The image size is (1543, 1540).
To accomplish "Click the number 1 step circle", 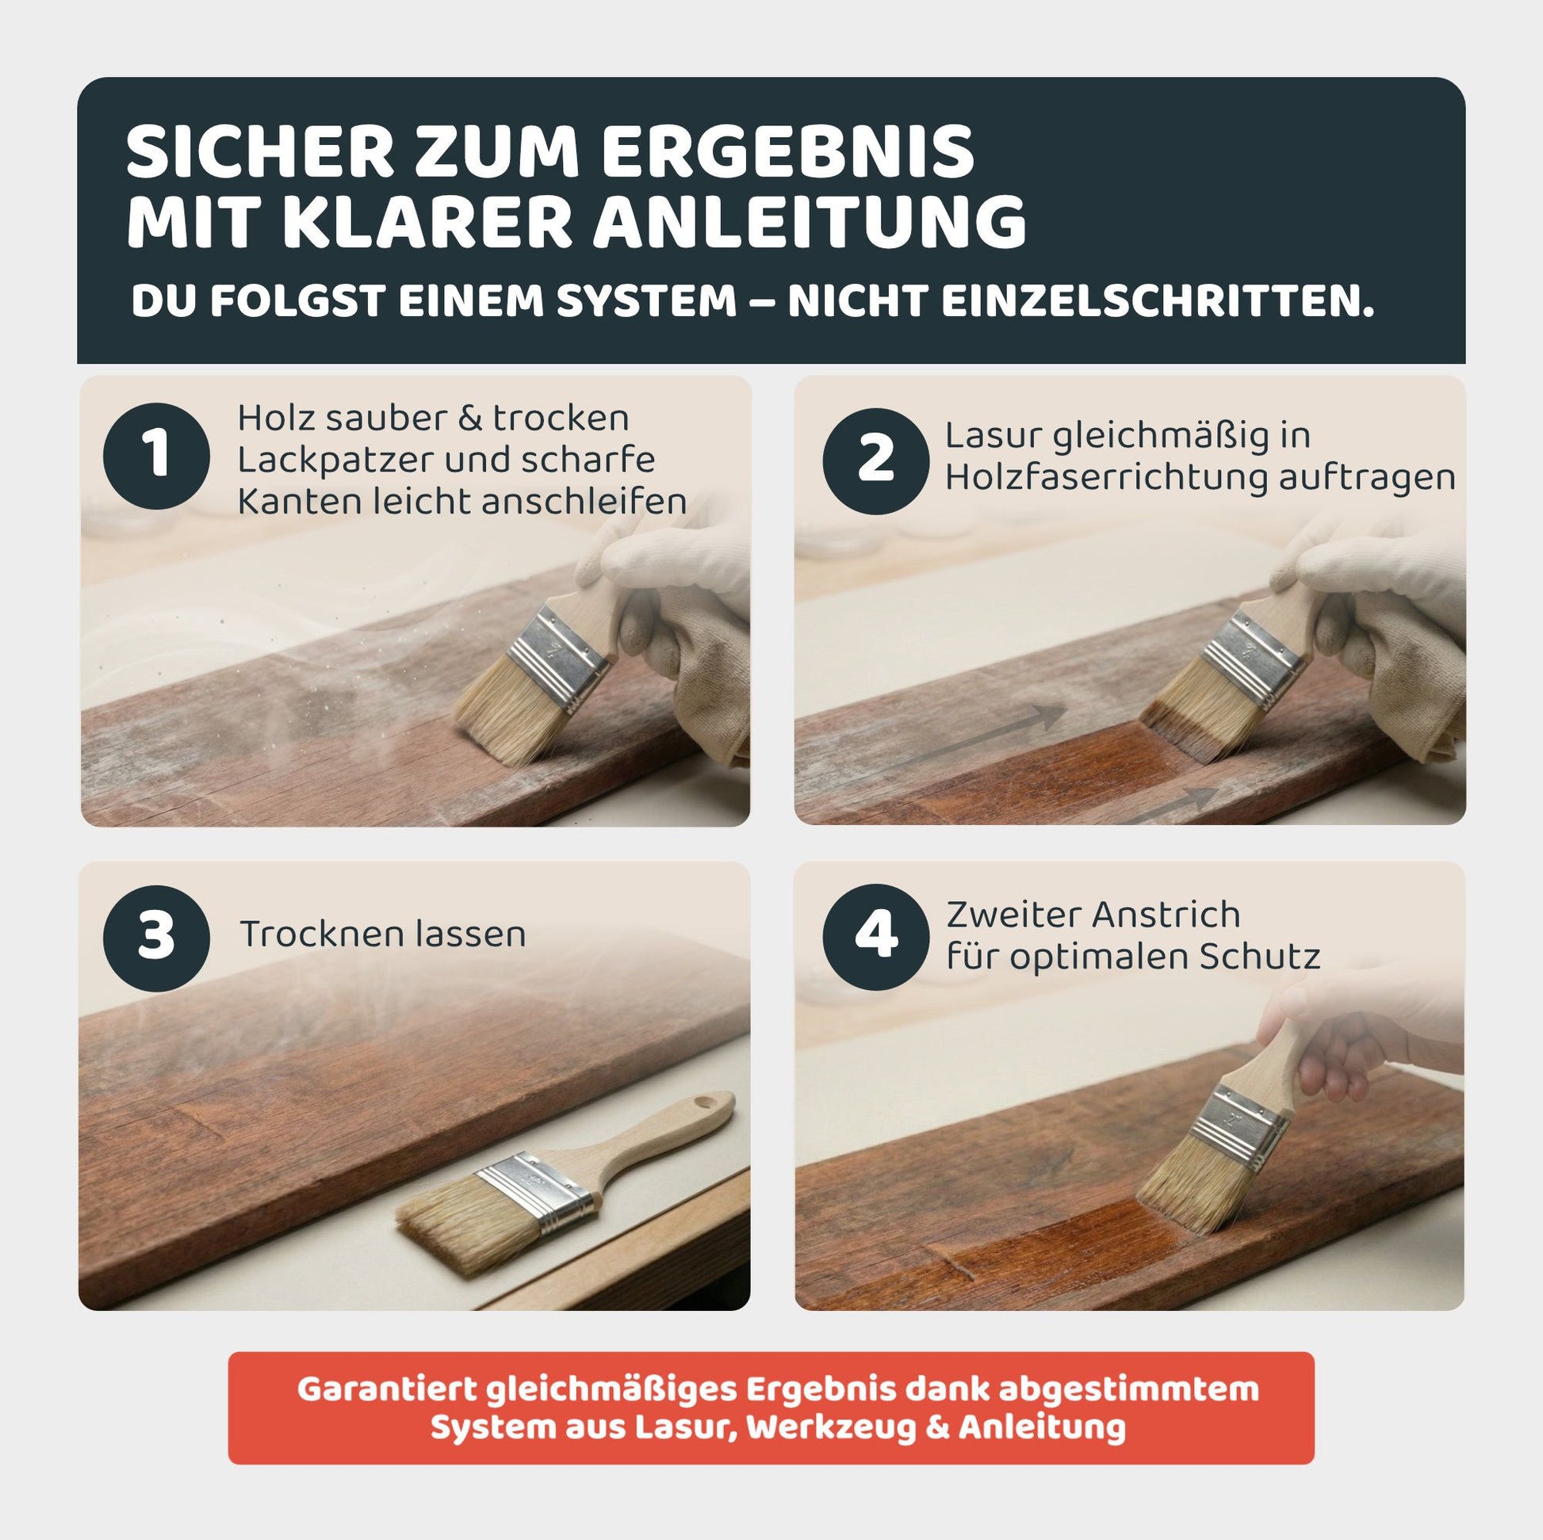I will pyautogui.click(x=156, y=456).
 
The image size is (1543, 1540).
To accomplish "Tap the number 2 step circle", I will pyautogui.click(x=875, y=460).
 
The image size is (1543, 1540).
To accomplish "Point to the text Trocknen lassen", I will pyautogui.click(x=382, y=934).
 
